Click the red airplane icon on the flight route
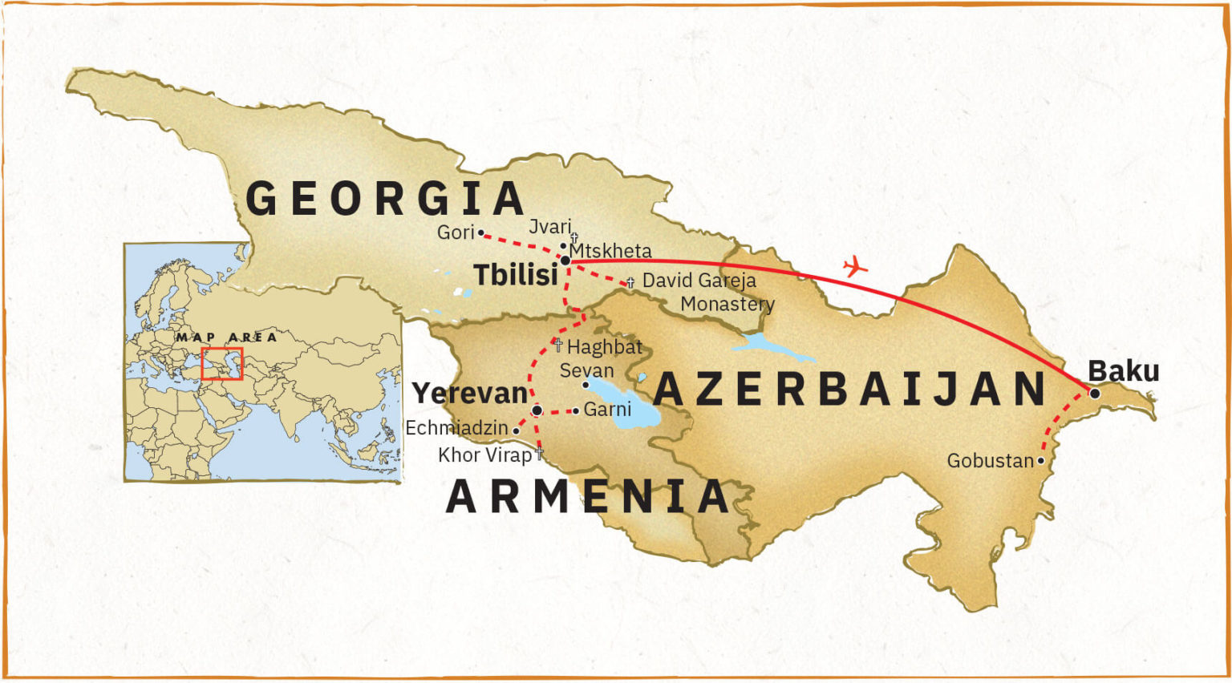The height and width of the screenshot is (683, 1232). tap(856, 266)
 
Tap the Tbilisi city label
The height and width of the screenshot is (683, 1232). tap(515, 275)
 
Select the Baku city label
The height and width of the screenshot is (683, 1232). tap(1123, 371)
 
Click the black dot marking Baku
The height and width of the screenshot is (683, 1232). tap(1095, 393)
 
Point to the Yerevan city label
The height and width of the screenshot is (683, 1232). tap(470, 394)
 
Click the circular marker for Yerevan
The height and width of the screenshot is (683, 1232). tap(537, 410)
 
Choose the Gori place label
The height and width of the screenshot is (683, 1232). tap(455, 232)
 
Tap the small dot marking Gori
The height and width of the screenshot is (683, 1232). tap(481, 232)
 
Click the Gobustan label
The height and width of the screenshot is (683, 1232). tap(990, 461)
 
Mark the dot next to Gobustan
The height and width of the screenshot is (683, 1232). tap(1040, 461)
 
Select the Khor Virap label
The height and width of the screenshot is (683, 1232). tap(484, 455)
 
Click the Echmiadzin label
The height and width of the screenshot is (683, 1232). tap(456, 429)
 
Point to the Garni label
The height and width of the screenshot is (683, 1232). tap(607, 410)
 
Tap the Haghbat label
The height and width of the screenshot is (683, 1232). tap(605, 347)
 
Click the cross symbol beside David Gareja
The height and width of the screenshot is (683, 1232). tap(630, 282)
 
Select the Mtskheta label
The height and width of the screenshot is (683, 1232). tap(610, 251)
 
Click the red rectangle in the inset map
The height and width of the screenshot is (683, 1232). tap(221, 363)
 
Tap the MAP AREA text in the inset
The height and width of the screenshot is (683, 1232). tap(226, 337)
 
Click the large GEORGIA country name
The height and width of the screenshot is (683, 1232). tap(385, 199)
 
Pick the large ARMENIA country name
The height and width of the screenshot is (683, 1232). tap(587, 497)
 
